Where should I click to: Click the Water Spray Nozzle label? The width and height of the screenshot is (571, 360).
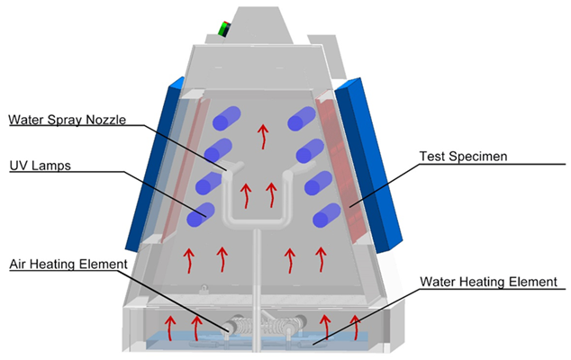tap(68, 120)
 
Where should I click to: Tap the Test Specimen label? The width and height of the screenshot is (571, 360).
tap(464, 157)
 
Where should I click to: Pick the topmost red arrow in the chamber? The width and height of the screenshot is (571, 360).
tap(263, 135)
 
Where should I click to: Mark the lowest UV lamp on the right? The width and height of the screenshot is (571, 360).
tap(327, 216)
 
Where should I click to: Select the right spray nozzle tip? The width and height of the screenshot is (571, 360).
tap(291, 169)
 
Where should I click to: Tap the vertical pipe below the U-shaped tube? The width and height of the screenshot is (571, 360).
tap(259, 270)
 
